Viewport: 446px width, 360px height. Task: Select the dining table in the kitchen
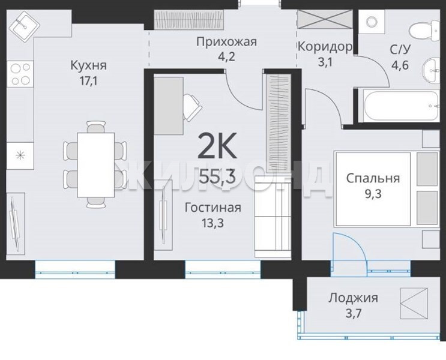96,164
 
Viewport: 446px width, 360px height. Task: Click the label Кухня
88,65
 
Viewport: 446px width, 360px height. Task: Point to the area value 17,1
88,82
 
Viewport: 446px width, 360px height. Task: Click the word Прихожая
227,42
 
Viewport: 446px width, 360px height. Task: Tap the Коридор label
325,47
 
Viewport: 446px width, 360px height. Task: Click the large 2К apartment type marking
217,146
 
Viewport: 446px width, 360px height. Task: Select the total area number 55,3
217,176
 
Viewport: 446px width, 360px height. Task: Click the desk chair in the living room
192,107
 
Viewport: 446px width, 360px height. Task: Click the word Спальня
373,179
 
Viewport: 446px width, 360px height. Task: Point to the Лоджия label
354,298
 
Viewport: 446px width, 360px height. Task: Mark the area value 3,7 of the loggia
354,314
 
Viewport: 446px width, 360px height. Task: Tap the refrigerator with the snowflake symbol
20,156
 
